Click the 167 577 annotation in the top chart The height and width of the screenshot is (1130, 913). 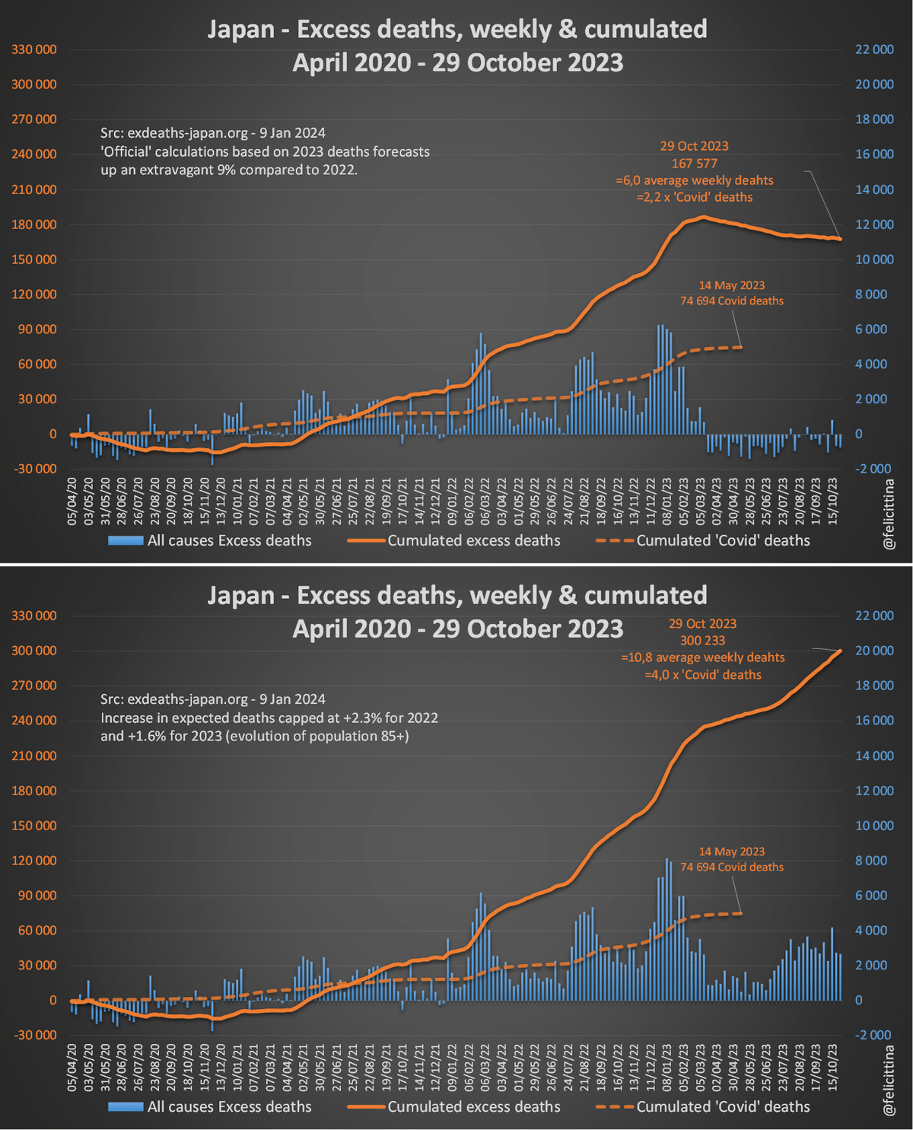(x=694, y=164)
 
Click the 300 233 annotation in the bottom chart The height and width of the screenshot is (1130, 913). (x=702, y=641)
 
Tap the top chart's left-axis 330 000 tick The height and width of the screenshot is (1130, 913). (x=34, y=49)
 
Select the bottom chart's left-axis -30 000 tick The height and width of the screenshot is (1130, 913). (x=34, y=1035)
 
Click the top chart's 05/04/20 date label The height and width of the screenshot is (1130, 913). (x=72, y=501)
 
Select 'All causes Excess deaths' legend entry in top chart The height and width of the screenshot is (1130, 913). (x=229, y=541)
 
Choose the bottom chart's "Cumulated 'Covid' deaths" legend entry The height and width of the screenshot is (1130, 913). (x=723, y=1107)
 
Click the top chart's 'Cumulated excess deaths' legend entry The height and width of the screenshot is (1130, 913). (x=473, y=541)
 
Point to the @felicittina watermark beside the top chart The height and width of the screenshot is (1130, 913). (x=889, y=514)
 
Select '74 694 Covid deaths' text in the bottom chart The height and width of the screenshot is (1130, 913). (x=732, y=867)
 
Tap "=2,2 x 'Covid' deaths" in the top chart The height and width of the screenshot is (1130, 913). (x=694, y=197)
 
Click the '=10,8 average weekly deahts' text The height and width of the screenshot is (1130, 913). (x=702, y=657)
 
